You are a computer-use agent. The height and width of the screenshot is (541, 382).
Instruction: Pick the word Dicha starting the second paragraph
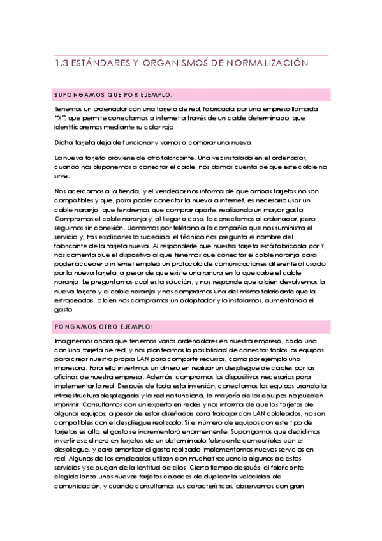[64, 142]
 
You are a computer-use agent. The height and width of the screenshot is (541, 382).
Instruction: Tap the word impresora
[70, 369]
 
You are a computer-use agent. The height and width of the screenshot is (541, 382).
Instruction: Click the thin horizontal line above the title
[191, 56]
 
